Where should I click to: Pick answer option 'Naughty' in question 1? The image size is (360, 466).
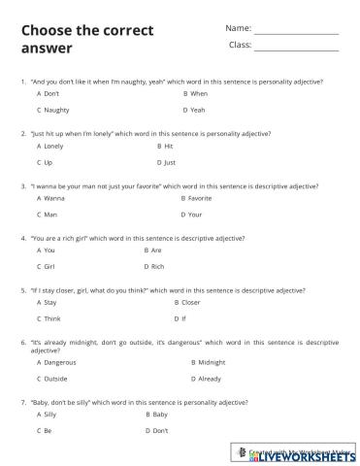tap(56, 110)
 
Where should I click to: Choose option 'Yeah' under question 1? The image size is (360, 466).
tap(198, 110)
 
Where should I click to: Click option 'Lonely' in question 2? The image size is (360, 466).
tap(53, 146)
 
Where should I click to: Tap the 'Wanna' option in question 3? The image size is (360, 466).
tap(53, 197)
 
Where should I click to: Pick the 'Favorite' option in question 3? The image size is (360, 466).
tap(200, 197)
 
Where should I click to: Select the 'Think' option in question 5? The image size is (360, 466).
tap(53, 317)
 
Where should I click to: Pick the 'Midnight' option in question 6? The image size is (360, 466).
tap(212, 362)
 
